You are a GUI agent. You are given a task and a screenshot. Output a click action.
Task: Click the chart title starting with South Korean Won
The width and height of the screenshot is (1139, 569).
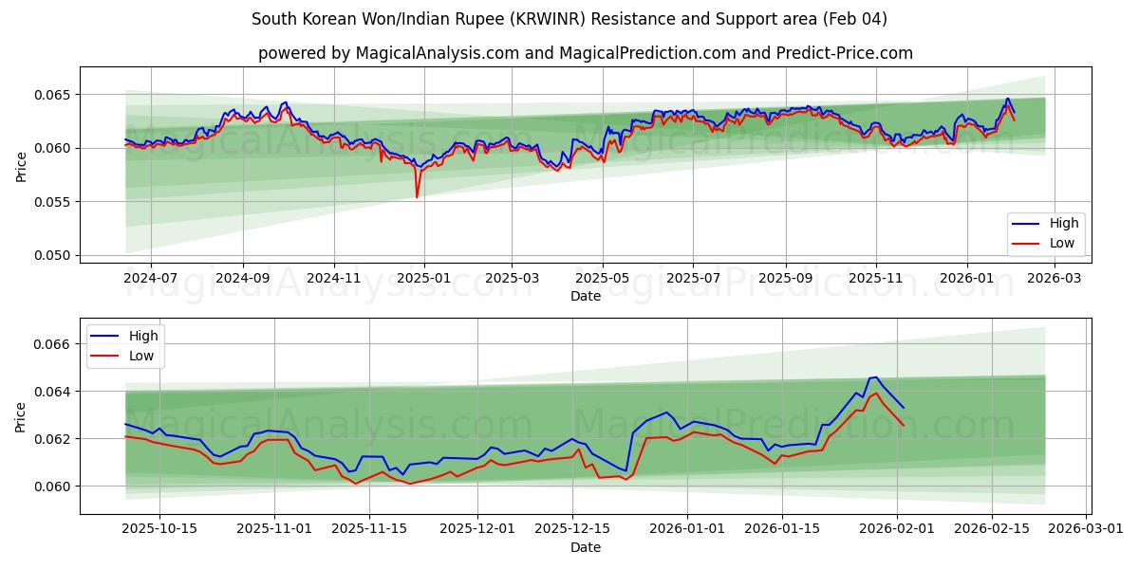click(x=569, y=19)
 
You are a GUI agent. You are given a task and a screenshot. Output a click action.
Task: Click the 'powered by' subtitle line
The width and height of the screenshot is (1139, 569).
click(x=585, y=53)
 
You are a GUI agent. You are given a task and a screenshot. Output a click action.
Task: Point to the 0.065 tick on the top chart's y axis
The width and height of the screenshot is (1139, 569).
click(x=53, y=95)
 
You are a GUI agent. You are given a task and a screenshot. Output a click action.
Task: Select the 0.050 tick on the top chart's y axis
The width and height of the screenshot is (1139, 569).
click(x=53, y=255)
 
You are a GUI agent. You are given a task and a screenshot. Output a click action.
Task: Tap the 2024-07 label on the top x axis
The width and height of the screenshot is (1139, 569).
click(x=151, y=279)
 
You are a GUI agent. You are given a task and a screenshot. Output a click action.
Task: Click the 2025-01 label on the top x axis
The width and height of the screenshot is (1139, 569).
click(x=423, y=279)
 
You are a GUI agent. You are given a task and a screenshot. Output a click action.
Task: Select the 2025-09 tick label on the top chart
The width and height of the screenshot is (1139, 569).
click(x=786, y=279)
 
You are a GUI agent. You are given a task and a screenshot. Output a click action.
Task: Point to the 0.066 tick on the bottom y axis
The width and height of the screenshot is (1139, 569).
click(x=53, y=344)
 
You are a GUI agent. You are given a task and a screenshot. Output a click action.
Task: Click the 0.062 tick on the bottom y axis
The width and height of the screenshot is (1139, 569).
click(x=53, y=439)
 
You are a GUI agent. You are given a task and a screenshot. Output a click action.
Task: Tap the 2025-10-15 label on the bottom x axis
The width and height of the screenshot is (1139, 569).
click(x=159, y=529)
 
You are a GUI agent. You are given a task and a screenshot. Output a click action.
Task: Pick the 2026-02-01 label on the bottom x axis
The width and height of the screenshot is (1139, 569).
click(x=898, y=529)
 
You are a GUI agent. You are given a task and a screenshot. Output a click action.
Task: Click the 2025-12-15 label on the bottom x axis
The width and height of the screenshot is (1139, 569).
click(x=571, y=529)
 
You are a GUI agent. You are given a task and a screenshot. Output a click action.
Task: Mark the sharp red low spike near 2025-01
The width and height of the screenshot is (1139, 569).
click(x=417, y=196)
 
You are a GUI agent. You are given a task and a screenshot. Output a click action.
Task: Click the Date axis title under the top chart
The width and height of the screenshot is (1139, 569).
click(x=585, y=296)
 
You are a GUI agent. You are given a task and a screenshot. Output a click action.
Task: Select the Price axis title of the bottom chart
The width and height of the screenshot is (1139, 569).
click(x=21, y=415)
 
